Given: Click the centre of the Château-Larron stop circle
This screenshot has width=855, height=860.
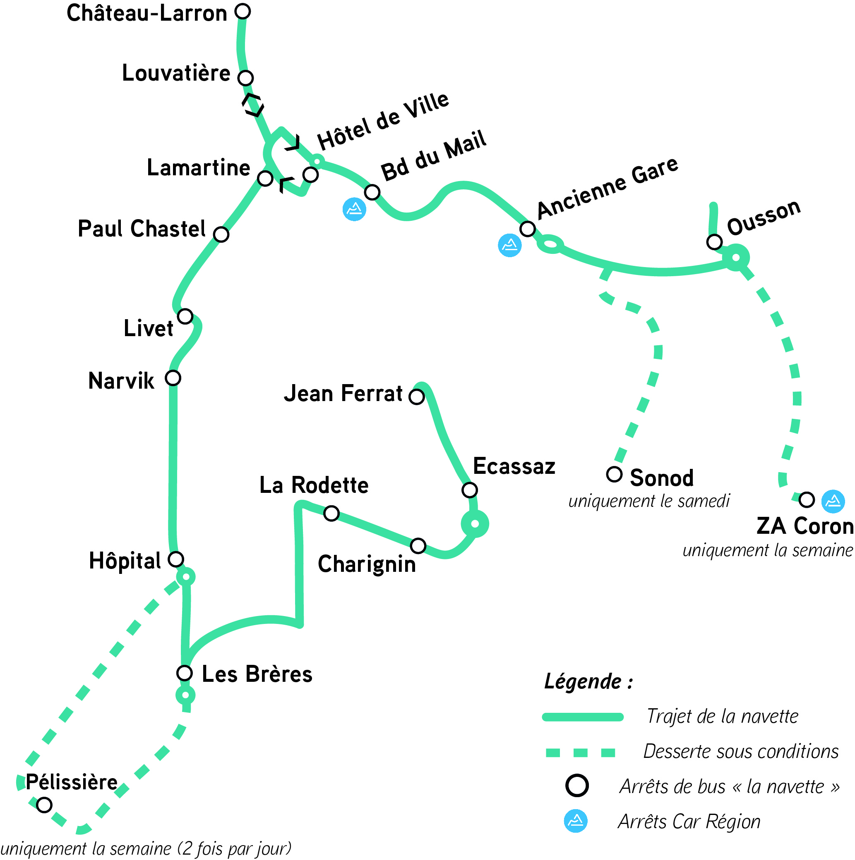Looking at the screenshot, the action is pos(243,11).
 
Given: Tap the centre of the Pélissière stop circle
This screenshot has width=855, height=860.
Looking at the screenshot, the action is pos(44,805).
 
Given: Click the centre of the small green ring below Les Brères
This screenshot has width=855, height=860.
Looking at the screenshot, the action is pos(185,695).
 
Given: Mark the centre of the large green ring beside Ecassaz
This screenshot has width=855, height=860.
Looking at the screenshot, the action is pos(475,523).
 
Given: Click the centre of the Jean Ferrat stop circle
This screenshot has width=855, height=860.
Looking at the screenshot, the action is pos(417,396).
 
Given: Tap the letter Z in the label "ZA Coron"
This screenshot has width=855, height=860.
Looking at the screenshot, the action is pos(765,526).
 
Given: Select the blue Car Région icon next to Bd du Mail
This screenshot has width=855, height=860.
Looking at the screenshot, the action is pos(354,209).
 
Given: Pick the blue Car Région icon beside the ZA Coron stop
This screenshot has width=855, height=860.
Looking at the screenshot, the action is pos(833,501).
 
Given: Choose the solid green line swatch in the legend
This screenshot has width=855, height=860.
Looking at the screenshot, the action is pos(582,717).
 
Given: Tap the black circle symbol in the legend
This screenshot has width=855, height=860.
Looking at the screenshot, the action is pos(577,786).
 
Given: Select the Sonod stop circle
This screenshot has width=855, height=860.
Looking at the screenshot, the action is pos(614,474).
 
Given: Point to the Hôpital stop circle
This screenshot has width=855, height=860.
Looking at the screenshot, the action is pos(176,559).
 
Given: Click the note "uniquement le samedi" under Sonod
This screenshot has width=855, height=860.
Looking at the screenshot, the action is pos(649,501).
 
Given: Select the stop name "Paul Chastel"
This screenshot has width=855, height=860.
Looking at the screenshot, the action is pos(142,229).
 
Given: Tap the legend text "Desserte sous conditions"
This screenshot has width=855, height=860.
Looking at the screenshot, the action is pos(741,751).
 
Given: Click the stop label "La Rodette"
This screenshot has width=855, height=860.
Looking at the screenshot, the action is pos(314,485).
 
